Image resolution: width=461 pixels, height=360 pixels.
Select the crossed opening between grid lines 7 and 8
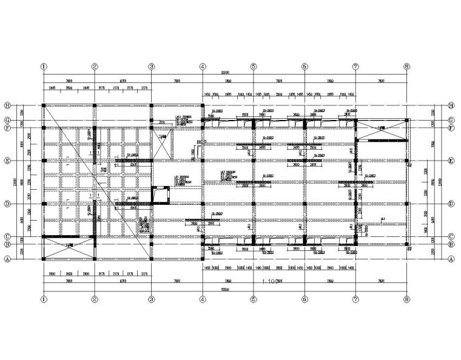[x=380, y=129]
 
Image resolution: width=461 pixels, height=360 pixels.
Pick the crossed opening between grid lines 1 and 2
[x=69, y=248]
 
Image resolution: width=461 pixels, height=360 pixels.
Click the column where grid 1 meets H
[x=43, y=105]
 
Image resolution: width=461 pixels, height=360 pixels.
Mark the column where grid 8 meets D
[x=405, y=204]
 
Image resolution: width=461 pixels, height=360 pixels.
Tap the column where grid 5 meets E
[x=253, y=161]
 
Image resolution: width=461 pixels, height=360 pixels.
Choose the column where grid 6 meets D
[x=304, y=204]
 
